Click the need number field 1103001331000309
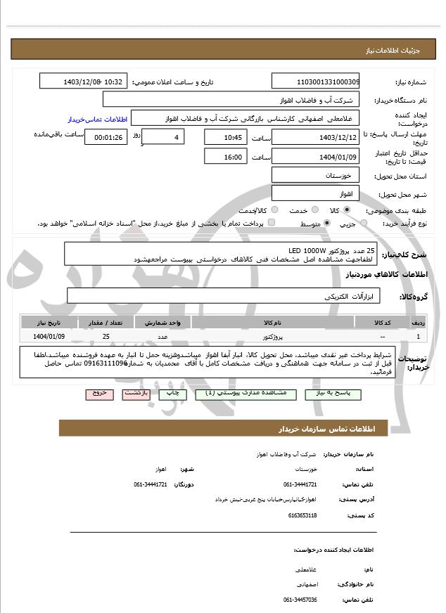click(315, 82)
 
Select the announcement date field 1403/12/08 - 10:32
click(84, 82)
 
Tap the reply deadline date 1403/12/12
click(315, 136)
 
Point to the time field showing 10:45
click(226, 136)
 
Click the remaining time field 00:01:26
click(106, 137)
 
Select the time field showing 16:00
click(226, 157)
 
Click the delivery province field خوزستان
click(315, 174)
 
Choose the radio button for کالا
click(347, 209)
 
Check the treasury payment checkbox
click(272, 223)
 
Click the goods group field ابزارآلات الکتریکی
click(223, 296)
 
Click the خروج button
click(99, 394)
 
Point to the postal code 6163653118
click(303, 515)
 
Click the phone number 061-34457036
click(300, 600)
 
